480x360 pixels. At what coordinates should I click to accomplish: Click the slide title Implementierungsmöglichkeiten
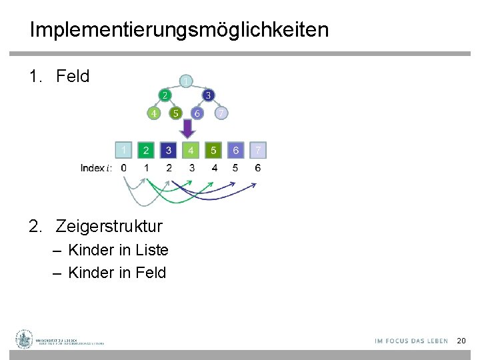click(x=179, y=30)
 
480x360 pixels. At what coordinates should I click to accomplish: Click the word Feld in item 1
click(x=73, y=77)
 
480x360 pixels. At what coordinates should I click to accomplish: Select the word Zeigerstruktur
click(x=109, y=226)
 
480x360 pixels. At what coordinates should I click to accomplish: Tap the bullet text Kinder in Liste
click(x=118, y=251)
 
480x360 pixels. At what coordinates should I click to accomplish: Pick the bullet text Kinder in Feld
click(x=117, y=273)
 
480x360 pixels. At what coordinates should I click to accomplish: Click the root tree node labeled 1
click(x=187, y=81)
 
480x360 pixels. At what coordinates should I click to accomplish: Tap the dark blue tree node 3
click(x=208, y=95)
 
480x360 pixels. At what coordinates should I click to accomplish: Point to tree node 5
click(x=175, y=113)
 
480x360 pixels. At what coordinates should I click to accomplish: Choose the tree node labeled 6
click(x=197, y=113)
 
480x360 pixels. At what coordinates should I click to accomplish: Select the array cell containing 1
click(x=123, y=149)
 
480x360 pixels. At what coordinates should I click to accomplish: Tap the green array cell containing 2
click(x=146, y=150)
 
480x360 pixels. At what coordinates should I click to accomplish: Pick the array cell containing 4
click(x=191, y=150)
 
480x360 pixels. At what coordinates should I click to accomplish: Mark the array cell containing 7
click(x=258, y=150)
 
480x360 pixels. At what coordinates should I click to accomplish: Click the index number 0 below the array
click(x=123, y=168)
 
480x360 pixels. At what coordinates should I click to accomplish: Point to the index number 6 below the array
click(x=258, y=168)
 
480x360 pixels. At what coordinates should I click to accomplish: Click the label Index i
click(x=95, y=168)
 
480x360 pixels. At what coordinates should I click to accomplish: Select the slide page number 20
click(x=461, y=341)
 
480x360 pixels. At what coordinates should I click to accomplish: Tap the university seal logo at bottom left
click(x=25, y=339)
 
